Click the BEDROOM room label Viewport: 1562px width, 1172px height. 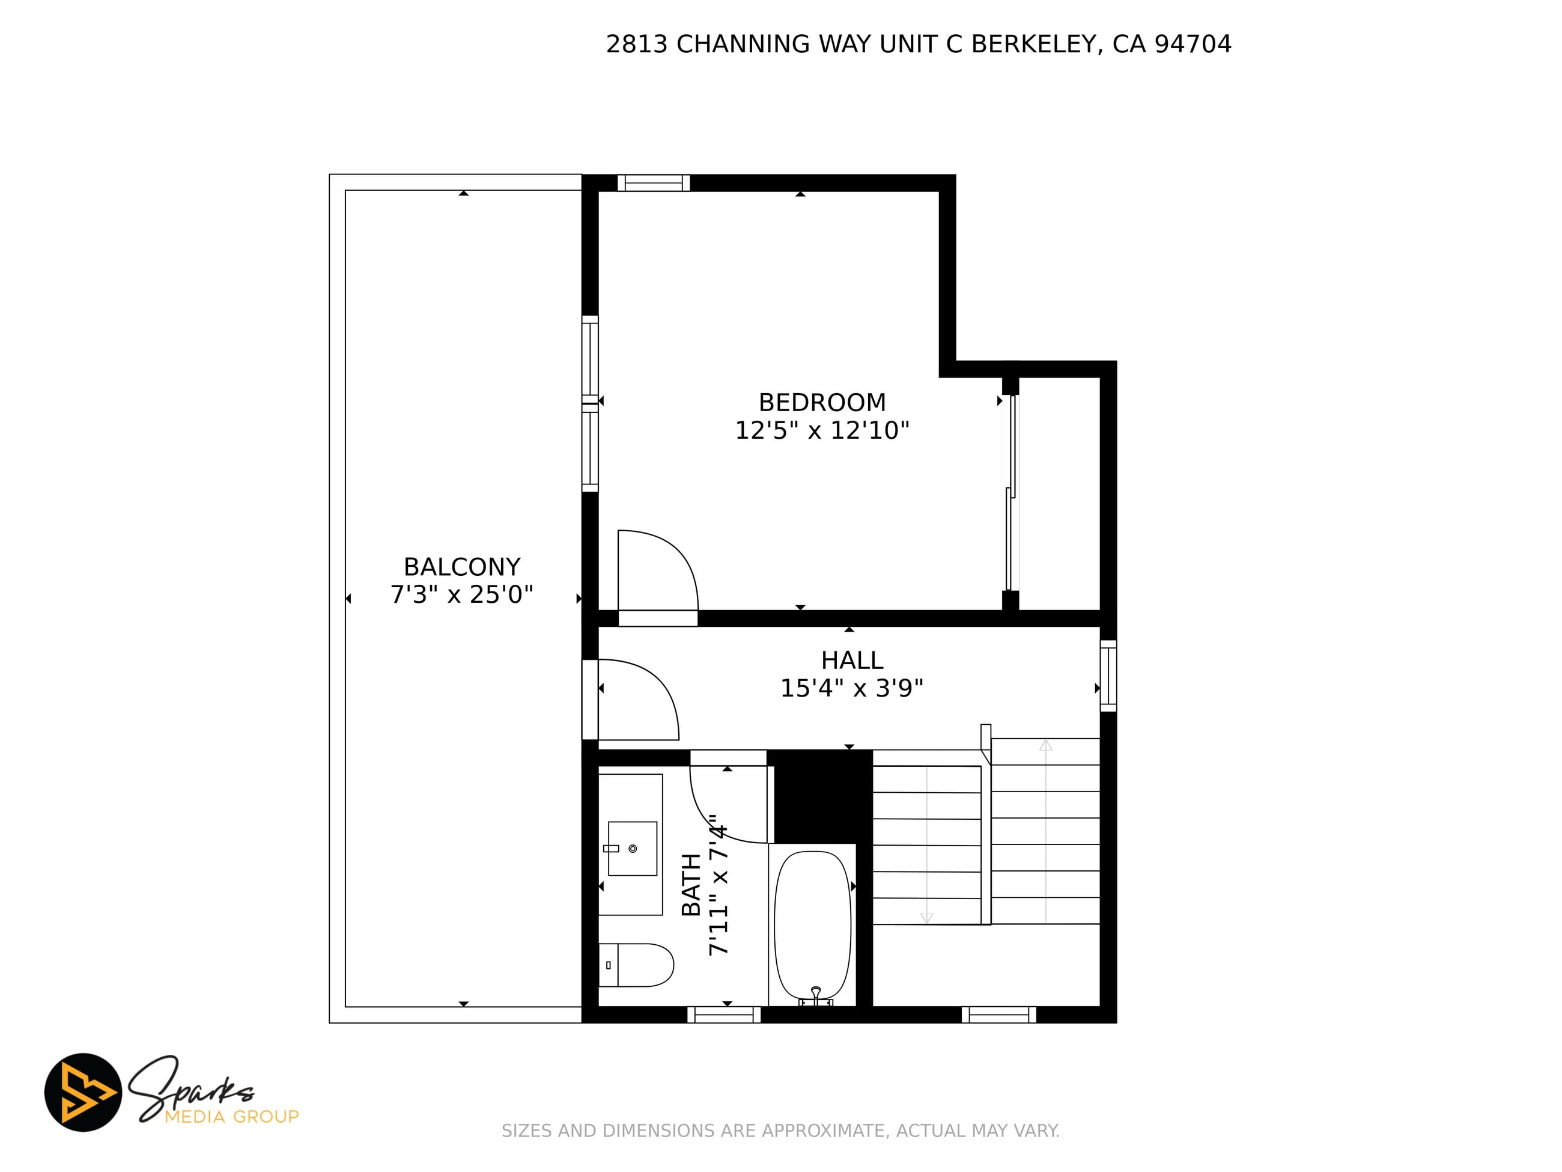[822, 403]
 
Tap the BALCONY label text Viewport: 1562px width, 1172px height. [462, 567]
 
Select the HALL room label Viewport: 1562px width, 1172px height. [852, 661]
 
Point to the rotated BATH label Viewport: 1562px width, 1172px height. [691, 885]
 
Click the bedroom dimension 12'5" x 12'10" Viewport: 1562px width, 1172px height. [822, 430]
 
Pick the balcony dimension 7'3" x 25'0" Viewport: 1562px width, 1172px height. [462, 595]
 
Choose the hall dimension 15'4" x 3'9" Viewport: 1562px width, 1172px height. [852, 688]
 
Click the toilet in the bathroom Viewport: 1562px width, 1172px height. [636, 965]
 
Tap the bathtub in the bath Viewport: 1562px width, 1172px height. [813, 925]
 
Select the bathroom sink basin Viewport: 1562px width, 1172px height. [632, 849]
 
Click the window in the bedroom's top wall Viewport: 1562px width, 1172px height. [654, 183]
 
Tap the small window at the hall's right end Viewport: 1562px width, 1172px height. [1108, 676]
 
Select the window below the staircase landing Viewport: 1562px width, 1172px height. [998, 1015]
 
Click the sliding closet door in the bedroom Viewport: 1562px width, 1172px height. [1011, 492]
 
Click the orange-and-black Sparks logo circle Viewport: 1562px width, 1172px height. [84, 1092]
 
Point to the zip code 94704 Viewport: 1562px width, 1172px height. [1193, 44]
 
